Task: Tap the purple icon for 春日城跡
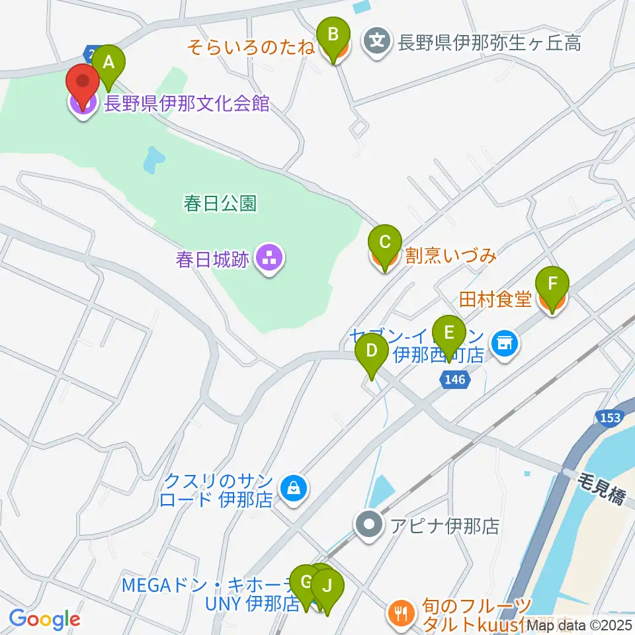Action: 269,258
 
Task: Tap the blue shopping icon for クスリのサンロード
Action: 291,489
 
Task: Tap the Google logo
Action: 44,619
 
